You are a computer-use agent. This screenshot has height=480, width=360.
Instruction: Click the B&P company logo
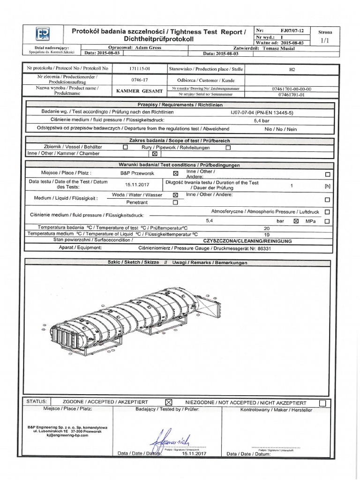(43, 34)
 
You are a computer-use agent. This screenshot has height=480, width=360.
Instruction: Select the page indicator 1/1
(325, 41)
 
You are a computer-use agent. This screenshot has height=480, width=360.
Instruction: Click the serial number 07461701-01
(292, 94)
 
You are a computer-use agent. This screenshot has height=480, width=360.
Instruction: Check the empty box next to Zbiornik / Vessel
(125, 147)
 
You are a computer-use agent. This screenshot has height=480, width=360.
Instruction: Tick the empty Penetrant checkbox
(175, 203)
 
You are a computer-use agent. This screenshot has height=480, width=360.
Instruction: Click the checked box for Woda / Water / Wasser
(175, 195)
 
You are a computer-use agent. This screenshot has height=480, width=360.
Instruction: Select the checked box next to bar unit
(296, 220)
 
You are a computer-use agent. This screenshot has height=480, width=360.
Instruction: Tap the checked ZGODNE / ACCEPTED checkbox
(169, 403)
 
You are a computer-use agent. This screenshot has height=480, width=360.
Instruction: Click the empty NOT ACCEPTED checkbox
(322, 403)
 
